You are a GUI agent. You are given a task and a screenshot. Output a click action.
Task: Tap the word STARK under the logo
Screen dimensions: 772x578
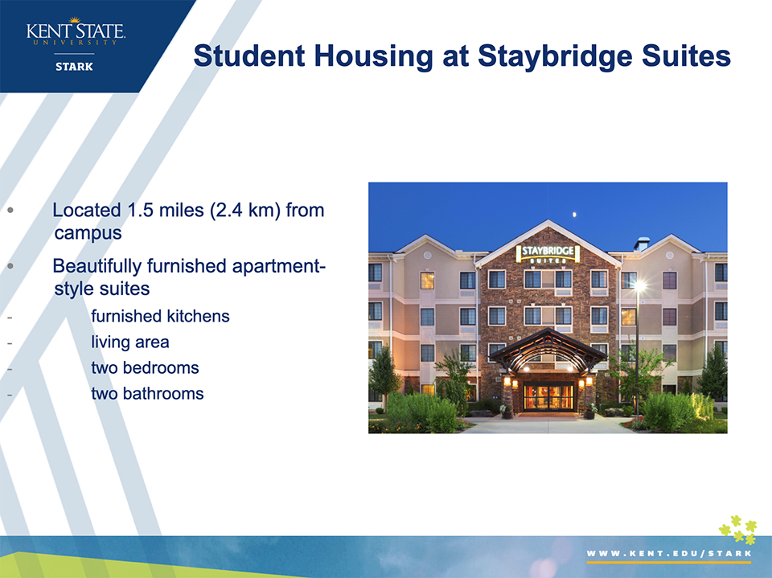(74, 67)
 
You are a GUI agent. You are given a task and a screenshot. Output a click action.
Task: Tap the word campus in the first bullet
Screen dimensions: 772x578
(88, 233)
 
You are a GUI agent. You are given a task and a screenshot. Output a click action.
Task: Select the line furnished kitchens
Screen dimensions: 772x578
(160, 316)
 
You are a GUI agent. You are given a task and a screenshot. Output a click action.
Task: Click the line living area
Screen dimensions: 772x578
(130, 342)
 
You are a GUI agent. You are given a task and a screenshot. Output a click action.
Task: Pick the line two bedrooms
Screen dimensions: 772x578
(145, 367)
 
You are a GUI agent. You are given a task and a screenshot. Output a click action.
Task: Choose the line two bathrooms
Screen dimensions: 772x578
(147, 394)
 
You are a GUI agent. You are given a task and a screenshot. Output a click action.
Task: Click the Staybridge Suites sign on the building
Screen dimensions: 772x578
(548, 253)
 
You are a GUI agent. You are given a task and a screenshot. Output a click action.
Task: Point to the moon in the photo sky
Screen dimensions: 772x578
(574, 214)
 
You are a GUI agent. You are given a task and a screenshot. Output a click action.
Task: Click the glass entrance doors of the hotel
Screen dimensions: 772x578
(548, 397)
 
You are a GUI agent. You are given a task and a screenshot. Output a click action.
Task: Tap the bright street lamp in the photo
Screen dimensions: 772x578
(639, 285)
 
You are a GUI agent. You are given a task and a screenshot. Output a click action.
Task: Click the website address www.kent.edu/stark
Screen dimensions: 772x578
(669, 553)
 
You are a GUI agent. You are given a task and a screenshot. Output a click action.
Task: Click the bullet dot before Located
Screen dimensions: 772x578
(10, 211)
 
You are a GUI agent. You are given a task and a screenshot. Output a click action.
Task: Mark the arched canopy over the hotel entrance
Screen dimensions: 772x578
(547, 350)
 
